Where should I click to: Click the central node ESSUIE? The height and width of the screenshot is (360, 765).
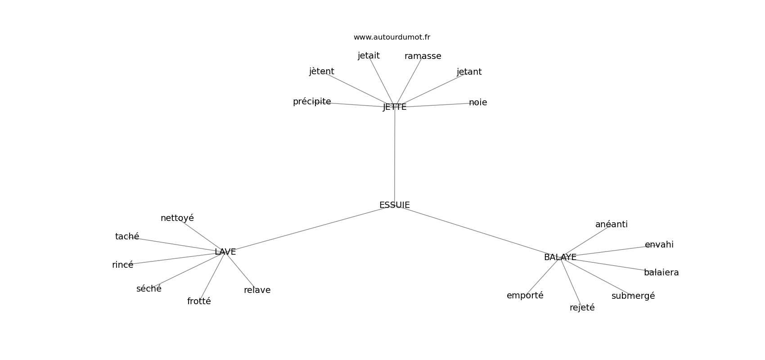click(x=394, y=205)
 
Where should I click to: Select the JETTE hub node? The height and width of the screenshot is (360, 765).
click(x=395, y=107)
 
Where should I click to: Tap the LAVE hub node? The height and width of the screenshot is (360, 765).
click(x=225, y=252)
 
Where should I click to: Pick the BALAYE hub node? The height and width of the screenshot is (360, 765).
click(x=560, y=257)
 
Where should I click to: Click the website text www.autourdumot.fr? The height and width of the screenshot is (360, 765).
click(x=391, y=37)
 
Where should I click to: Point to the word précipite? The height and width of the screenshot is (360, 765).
click(x=312, y=102)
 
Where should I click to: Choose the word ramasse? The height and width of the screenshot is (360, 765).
click(x=423, y=56)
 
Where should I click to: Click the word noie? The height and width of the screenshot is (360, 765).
click(x=478, y=103)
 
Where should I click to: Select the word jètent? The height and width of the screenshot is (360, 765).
click(x=321, y=72)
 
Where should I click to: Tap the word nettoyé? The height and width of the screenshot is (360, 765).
click(x=177, y=218)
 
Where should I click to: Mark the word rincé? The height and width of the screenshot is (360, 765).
click(x=122, y=265)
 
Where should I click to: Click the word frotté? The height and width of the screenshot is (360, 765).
click(x=199, y=301)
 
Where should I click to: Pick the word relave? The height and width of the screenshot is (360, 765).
click(x=257, y=290)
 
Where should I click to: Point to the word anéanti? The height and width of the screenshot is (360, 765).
click(x=611, y=225)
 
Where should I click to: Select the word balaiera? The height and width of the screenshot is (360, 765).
click(x=661, y=273)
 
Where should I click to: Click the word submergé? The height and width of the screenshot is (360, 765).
click(x=633, y=296)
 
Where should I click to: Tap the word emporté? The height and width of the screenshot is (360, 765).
click(x=525, y=296)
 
